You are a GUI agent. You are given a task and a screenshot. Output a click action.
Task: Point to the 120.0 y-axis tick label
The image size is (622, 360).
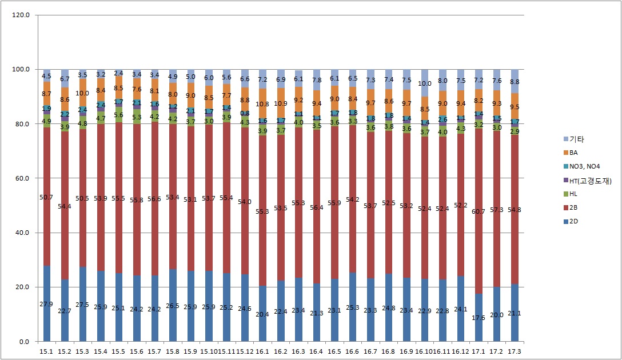tap(21, 15)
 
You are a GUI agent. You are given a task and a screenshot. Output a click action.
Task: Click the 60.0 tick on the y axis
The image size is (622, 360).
tap(22, 178)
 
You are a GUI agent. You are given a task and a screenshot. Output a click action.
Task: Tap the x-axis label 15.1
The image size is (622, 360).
tap(47, 350)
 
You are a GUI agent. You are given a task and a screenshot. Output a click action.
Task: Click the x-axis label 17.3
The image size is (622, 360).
tap(515, 350)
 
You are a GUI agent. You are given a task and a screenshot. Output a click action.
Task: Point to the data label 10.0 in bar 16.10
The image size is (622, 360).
tap(425, 83)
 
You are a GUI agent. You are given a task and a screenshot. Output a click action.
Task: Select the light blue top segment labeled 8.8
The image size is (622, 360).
tap(515, 81)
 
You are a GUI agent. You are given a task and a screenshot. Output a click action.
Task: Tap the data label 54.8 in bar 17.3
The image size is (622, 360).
tap(515, 210)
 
